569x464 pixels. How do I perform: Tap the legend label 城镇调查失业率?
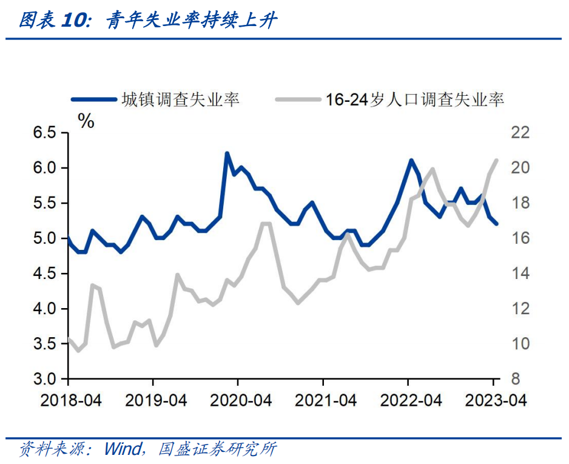point(180,99)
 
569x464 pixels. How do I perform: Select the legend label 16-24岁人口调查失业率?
point(414,99)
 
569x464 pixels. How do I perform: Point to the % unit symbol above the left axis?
point(87,122)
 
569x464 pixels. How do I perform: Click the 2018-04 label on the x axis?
point(68,400)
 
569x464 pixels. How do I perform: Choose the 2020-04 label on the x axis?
point(238,400)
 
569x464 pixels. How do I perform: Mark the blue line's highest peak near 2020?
point(227,153)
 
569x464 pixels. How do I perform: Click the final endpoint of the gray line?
point(497,160)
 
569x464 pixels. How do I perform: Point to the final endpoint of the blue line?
point(497,224)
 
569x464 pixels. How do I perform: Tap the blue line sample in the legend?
point(93,99)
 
